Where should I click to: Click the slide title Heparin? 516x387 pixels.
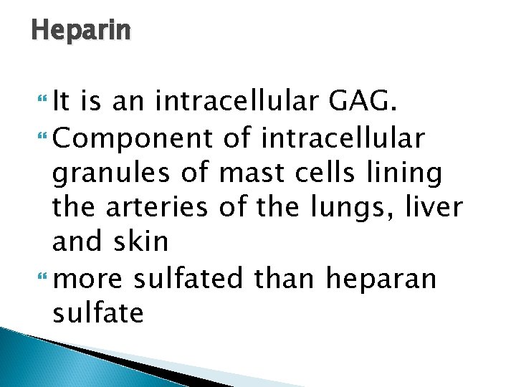pos(81,31)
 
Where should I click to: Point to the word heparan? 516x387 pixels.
pos(381,277)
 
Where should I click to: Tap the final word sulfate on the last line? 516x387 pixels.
pos(98,312)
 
